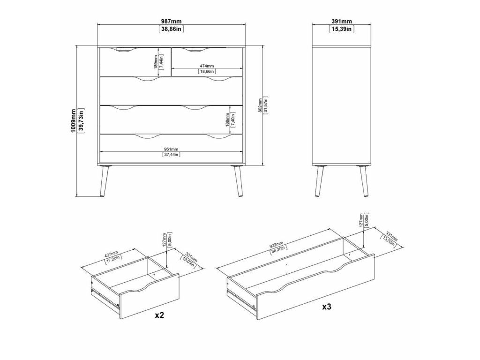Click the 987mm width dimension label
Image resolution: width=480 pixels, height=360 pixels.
click(172, 22)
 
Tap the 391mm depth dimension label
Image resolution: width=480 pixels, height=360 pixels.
click(342, 22)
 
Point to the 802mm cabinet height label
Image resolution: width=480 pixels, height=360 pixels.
click(260, 105)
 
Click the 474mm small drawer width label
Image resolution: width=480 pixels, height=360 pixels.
click(207, 66)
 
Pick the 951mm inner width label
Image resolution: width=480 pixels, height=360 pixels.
click(171, 150)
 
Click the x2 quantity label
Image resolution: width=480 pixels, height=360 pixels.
click(159, 315)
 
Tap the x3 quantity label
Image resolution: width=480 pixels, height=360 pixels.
click(327, 307)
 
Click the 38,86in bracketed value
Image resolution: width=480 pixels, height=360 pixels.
click(172, 29)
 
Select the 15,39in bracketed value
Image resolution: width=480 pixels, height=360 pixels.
click(342, 29)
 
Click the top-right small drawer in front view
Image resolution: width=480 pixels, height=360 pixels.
click(207, 62)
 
